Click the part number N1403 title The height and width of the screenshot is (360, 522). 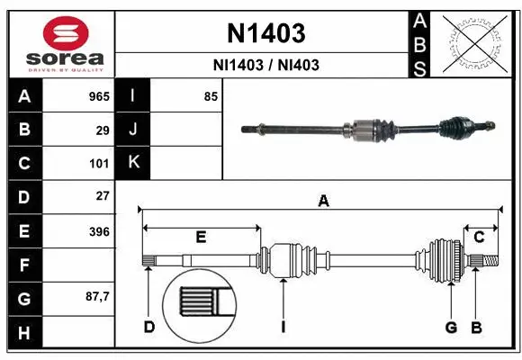[265, 33]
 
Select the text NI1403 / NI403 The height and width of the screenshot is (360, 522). [265, 65]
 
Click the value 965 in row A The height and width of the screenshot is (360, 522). [99, 96]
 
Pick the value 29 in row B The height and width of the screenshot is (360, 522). [103, 130]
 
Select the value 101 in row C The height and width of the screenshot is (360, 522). [99, 164]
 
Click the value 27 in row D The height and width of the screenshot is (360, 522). [103, 195]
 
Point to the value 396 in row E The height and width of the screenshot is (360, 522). [99, 231]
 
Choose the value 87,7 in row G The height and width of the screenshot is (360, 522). [97, 296]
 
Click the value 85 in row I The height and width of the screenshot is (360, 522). [211, 96]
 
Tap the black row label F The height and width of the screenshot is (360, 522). [24, 265]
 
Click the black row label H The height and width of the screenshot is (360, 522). [24, 333]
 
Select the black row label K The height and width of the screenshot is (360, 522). [134, 163]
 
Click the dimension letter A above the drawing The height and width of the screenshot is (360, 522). [323, 202]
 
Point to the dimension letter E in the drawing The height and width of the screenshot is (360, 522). [201, 238]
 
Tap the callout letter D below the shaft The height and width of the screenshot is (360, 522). [149, 327]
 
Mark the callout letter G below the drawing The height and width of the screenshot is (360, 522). [451, 327]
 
